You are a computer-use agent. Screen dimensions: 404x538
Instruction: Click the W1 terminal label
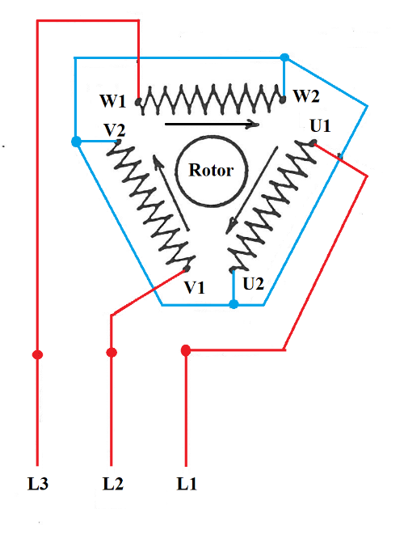113,101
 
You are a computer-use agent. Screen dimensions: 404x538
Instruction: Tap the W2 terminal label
307,96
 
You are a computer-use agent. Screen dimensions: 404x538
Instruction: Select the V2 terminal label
115,130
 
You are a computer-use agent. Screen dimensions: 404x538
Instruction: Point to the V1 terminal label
194,287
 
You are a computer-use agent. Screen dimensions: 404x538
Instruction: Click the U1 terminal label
321,126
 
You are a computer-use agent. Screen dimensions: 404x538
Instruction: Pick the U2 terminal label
253,284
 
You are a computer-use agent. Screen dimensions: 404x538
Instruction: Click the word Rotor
211,170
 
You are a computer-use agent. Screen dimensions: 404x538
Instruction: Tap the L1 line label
187,484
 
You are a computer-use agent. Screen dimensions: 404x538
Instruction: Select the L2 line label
113,484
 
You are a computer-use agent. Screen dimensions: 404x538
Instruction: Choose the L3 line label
38,484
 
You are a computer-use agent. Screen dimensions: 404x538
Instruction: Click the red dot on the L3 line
37,354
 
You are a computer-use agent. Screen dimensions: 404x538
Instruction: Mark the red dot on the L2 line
112,353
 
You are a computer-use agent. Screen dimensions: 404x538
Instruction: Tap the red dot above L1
186,350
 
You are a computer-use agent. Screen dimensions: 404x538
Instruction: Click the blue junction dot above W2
284,57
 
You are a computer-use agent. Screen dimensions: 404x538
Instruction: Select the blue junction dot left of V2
76,141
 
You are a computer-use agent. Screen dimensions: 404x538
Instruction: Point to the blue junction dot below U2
234,304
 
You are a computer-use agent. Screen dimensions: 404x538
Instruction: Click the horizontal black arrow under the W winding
212,125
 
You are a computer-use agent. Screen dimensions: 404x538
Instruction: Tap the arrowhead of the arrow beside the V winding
158,160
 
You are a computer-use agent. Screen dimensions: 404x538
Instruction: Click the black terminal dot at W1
138,102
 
